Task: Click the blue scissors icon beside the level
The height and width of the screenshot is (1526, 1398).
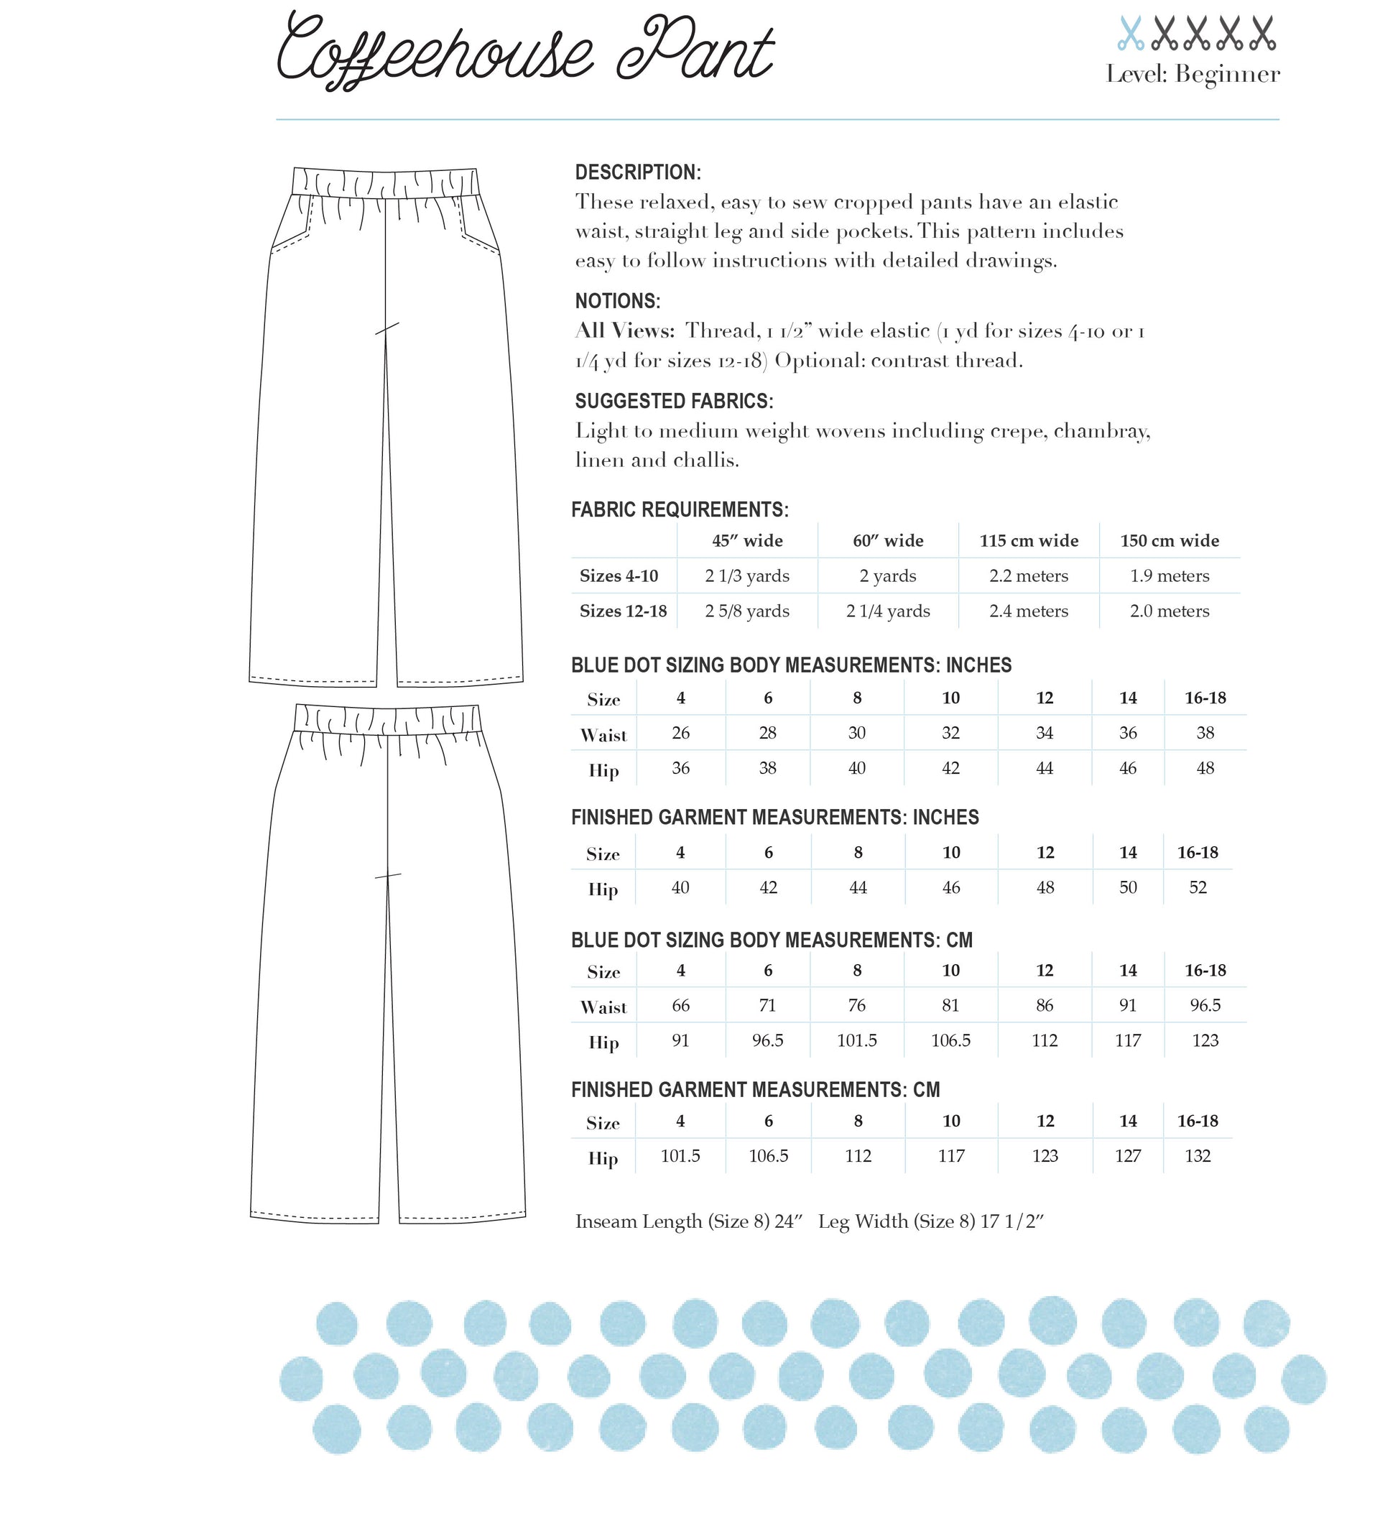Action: pyautogui.click(x=1130, y=34)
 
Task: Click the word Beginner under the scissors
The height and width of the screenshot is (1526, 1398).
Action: pyautogui.click(x=1227, y=75)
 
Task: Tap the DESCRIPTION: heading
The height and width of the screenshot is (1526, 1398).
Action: pyautogui.click(x=637, y=172)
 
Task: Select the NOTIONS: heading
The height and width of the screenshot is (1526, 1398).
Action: pyautogui.click(x=618, y=301)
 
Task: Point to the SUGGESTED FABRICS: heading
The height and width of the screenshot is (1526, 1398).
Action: pyautogui.click(x=674, y=401)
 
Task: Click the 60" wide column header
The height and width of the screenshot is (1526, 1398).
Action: pyautogui.click(x=888, y=540)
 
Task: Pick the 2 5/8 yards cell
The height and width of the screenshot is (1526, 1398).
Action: pyautogui.click(x=747, y=611)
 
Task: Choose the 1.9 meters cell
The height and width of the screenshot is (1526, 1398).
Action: pyautogui.click(x=1170, y=576)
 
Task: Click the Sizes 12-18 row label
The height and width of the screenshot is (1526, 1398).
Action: pyautogui.click(x=623, y=611)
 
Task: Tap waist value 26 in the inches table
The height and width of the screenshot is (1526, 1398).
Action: pyautogui.click(x=680, y=733)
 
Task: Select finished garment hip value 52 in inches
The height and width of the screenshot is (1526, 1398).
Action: pyautogui.click(x=1198, y=887)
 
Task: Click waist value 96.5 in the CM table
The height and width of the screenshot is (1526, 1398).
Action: pyautogui.click(x=1205, y=1005)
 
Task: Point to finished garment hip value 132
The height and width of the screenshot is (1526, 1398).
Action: pyautogui.click(x=1198, y=1156)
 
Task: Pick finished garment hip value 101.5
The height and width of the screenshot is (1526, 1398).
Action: pyautogui.click(x=680, y=1156)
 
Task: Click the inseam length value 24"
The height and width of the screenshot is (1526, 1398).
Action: pyautogui.click(x=788, y=1221)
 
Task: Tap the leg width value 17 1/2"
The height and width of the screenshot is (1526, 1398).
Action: pyautogui.click(x=1012, y=1221)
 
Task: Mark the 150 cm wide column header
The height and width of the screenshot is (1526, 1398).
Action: pyautogui.click(x=1170, y=540)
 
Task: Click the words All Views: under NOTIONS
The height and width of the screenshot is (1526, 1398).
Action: pyautogui.click(x=624, y=330)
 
